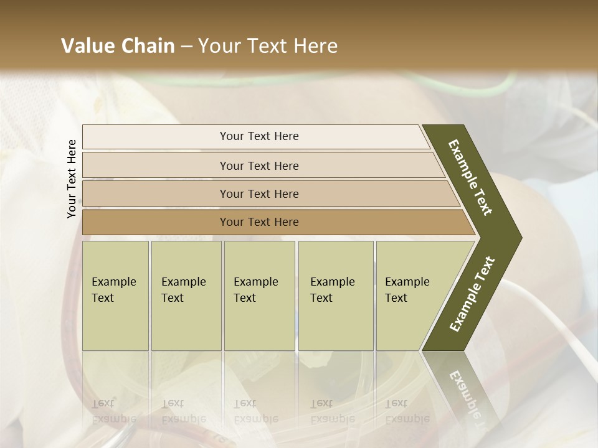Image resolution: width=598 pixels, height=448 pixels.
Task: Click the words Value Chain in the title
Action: point(118,46)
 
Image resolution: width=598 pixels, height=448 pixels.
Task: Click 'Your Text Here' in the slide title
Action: point(268,46)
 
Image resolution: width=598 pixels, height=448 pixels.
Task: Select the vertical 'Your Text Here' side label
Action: point(72,179)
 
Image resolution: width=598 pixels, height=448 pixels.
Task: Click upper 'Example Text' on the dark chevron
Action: point(471,177)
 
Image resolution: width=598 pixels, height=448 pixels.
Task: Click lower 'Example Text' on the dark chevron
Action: point(472,294)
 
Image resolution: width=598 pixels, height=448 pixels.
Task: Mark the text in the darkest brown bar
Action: point(259,222)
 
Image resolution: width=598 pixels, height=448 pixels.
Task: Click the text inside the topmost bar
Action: point(259,136)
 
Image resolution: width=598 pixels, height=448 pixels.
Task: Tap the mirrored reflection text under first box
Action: point(113,411)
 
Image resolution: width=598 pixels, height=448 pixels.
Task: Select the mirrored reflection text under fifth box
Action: point(407,411)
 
